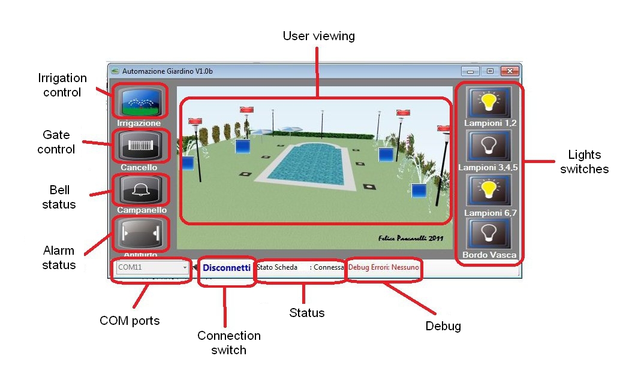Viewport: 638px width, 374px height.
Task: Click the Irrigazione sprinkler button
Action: tap(139, 102)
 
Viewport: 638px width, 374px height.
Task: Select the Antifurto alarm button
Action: tap(139, 233)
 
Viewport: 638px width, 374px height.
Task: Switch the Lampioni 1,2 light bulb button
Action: tap(490, 102)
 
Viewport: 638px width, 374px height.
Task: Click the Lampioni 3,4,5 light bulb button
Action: tap(490, 147)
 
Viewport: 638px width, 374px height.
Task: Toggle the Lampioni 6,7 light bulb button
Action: tap(490, 191)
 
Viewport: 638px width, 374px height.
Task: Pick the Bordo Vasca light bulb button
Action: tap(490, 234)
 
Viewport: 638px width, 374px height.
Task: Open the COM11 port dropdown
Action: tap(152, 267)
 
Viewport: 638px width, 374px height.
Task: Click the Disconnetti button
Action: tap(227, 268)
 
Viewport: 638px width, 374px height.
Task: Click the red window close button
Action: tap(509, 71)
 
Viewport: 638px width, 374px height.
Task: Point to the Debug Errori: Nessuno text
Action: tap(384, 267)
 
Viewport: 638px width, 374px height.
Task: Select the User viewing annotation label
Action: tap(318, 36)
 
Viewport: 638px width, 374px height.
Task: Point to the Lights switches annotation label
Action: tap(584, 162)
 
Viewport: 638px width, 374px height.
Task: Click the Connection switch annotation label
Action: tap(228, 342)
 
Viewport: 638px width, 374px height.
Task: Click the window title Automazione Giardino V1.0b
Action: tap(167, 71)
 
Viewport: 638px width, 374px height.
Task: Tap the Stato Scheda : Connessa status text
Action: tap(300, 267)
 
